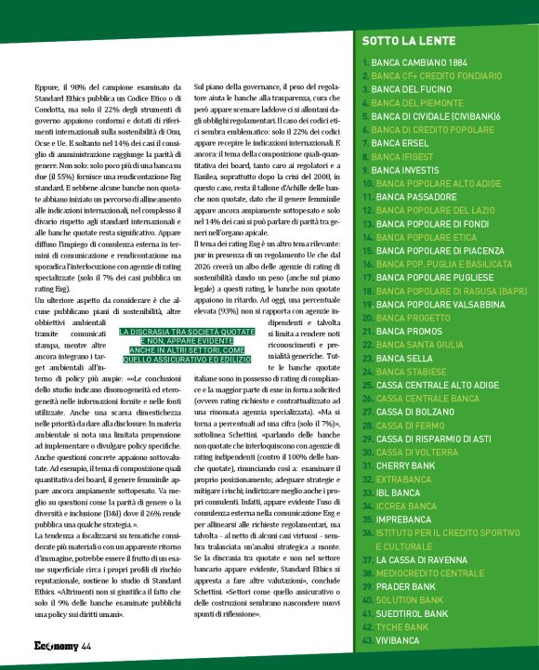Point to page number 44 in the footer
(x=86, y=647)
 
